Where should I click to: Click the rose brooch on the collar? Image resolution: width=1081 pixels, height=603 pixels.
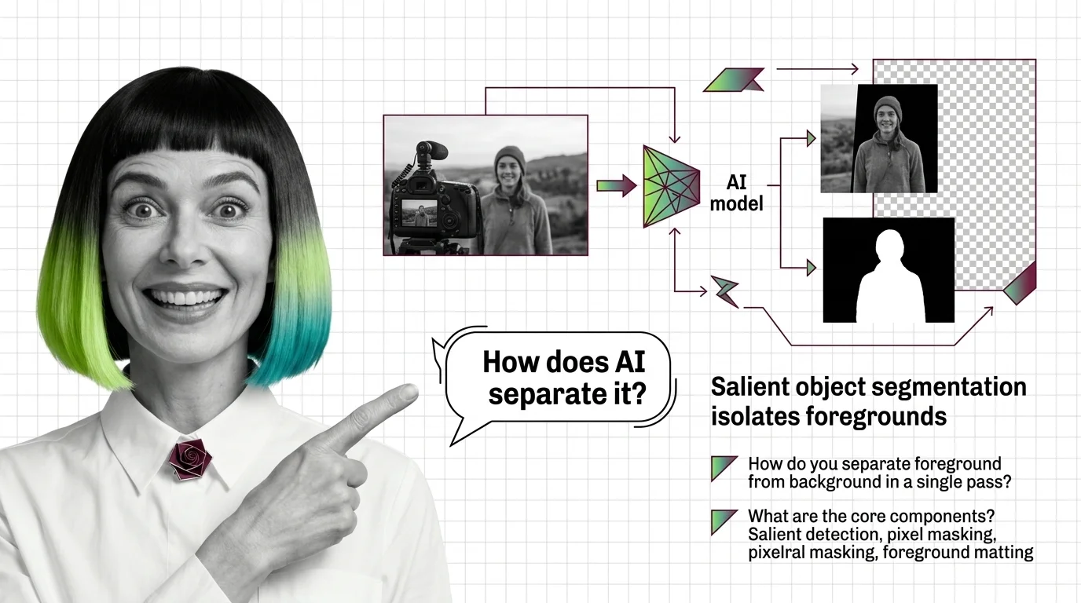click(189, 459)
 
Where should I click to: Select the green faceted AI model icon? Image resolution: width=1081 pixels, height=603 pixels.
click(671, 187)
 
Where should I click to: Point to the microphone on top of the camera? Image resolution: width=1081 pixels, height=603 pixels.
click(432, 152)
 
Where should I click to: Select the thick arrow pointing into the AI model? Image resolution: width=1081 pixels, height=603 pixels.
click(616, 186)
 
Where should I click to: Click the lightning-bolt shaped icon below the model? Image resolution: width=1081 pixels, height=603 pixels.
click(724, 290)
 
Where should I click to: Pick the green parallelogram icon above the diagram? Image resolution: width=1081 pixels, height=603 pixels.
click(732, 80)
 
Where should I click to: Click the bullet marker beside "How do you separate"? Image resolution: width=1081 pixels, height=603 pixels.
click(723, 467)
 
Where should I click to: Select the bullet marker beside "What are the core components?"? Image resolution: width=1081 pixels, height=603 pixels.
click(723, 521)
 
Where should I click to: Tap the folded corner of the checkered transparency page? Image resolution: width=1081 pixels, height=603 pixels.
click(1022, 283)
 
